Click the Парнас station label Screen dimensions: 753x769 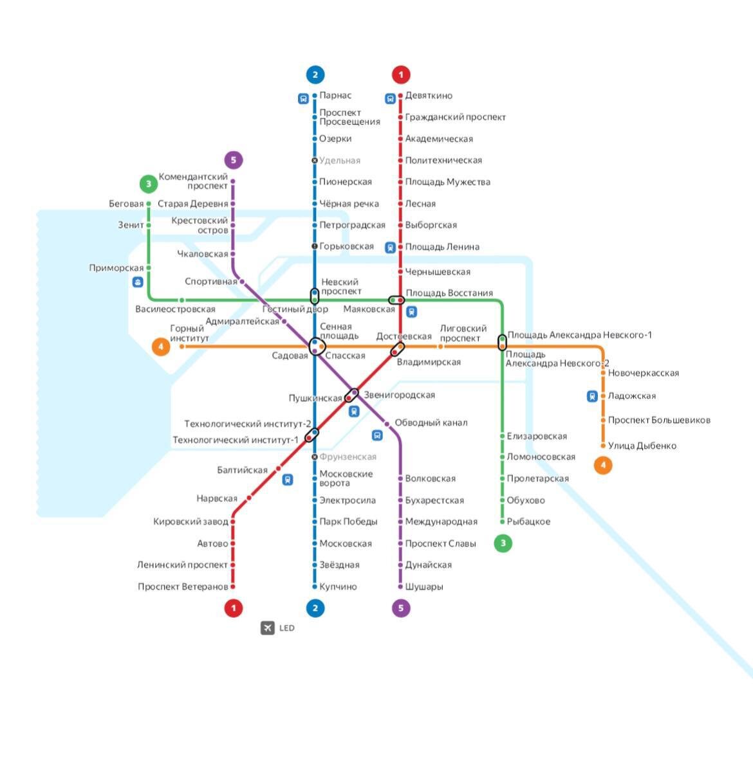tap(335, 96)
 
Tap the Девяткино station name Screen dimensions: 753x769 tap(429, 96)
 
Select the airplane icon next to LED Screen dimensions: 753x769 tap(268, 628)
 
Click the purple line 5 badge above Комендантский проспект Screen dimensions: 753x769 tap(234, 159)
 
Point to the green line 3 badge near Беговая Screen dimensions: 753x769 tap(149, 184)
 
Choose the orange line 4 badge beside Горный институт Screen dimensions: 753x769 tap(160, 347)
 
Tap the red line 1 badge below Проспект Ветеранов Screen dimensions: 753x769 tap(234, 608)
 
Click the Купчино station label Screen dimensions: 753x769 tap(338, 586)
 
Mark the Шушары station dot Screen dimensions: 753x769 tap(400, 586)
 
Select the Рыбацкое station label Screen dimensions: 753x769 tap(528, 521)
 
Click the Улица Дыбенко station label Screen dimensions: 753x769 tap(642, 446)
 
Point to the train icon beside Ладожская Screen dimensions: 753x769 tap(592, 396)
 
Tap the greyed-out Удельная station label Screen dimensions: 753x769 tap(340, 161)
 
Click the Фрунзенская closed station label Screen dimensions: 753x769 tap(348, 457)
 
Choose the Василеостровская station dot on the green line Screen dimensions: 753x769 tap(181, 300)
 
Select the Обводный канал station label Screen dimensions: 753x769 tap(431, 423)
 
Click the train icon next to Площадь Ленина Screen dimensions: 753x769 tap(390, 247)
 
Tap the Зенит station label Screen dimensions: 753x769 tap(131, 225)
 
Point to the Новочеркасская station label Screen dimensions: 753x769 tap(643, 373)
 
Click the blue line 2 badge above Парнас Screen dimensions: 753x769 tap(315, 75)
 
